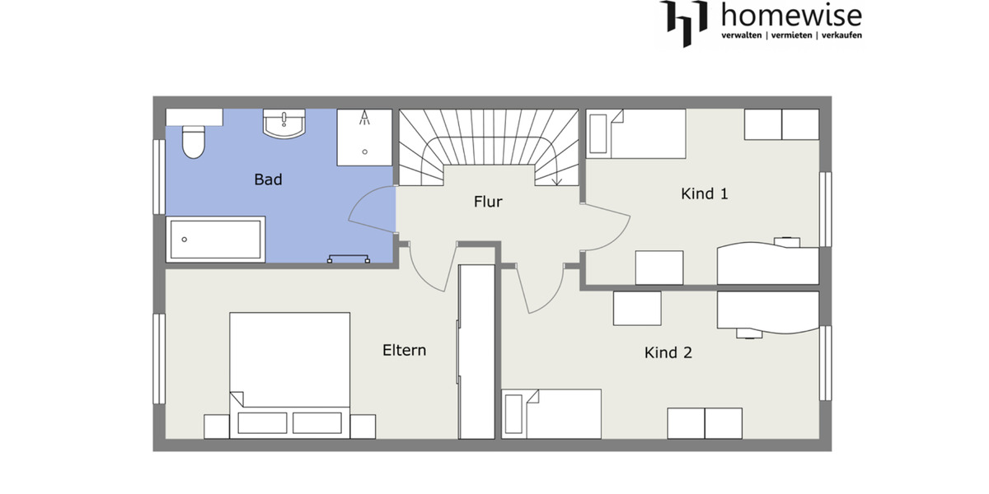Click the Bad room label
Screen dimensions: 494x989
pos(268,179)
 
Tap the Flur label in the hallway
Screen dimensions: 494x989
pos(488,202)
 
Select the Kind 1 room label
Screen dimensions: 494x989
pos(705,194)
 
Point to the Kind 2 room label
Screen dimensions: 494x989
pos(668,353)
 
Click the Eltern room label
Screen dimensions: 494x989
pos(404,350)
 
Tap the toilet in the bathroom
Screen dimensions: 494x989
pos(193,141)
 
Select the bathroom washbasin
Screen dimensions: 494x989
pos(284,124)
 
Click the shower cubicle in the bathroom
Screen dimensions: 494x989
pos(363,137)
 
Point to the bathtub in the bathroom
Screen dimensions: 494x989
pos(216,240)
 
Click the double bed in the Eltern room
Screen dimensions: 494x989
pos(289,370)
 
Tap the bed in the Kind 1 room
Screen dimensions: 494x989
pos(635,134)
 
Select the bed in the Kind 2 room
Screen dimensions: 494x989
pos(551,414)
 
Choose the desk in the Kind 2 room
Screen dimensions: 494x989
pos(768,311)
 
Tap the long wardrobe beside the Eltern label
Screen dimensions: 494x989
pos(477,352)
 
